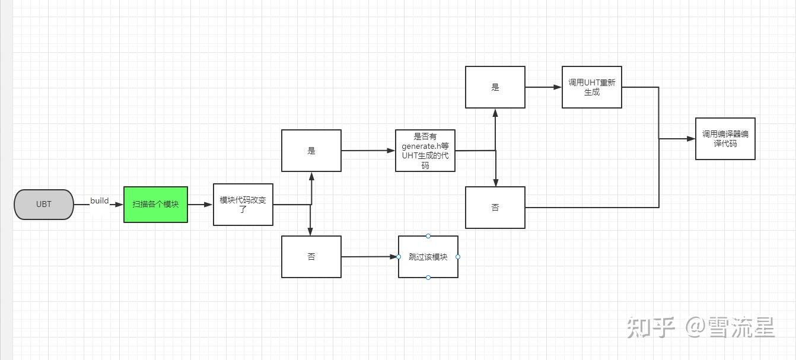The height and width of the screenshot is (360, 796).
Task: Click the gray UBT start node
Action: tap(44, 205)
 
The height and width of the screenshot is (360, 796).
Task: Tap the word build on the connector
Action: tap(99, 200)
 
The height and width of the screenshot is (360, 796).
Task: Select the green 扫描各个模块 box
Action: tap(155, 205)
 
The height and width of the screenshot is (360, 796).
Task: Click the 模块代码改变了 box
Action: tap(243, 205)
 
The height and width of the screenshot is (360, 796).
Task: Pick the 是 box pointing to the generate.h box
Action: tap(311, 151)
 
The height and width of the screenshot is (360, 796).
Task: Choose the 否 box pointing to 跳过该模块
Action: tap(311, 257)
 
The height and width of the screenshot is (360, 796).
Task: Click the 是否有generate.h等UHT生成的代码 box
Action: tap(425, 151)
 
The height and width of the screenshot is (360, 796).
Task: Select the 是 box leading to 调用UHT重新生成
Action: tap(495, 87)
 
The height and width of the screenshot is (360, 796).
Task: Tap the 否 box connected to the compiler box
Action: tap(495, 208)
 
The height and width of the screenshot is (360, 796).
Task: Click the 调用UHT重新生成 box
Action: tap(592, 87)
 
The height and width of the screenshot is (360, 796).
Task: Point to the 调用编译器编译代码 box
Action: tap(725, 139)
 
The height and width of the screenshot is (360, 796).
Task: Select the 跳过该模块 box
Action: tap(428, 257)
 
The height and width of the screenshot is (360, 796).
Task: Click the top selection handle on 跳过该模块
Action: tap(428, 236)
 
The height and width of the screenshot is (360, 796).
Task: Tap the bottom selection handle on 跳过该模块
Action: tap(428, 278)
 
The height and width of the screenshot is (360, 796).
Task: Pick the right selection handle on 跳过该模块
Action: tap(458, 257)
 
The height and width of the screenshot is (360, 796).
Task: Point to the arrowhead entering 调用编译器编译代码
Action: tap(691, 139)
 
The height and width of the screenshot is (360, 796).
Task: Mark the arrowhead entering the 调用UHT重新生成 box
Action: tap(558, 87)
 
